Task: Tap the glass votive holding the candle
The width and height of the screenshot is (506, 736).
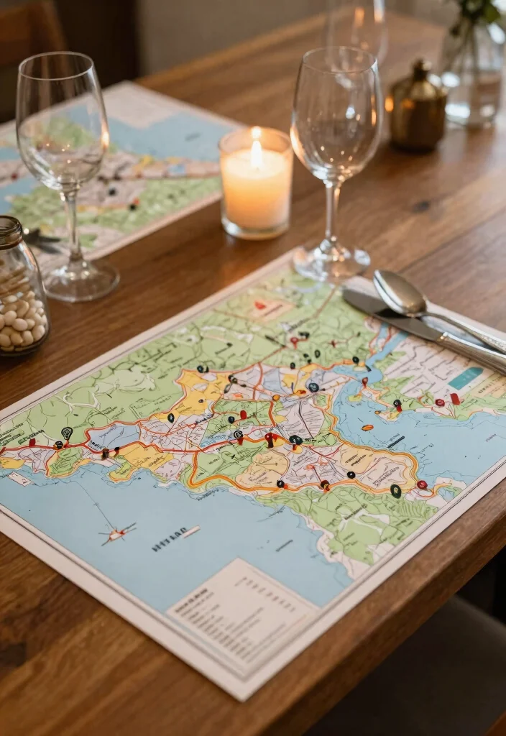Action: (x=256, y=188)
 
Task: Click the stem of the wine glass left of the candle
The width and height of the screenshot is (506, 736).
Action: (x=71, y=230)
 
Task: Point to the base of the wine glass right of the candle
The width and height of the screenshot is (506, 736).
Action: (x=331, y=262)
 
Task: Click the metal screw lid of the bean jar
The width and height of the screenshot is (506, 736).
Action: (x=9, y=231)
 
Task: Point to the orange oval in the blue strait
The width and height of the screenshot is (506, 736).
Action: (x=367, y=428)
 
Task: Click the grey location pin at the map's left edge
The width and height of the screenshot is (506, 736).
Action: (x=67, y=433)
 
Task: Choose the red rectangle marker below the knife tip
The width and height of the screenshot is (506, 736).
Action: (x=454, y=398)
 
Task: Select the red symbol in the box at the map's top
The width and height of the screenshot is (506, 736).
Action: (x=260, y=305)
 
